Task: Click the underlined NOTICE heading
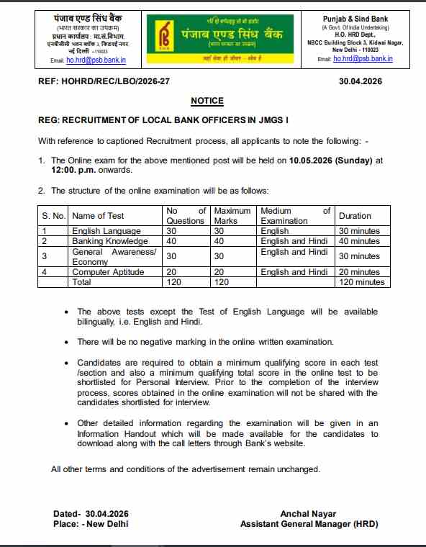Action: [207, 101]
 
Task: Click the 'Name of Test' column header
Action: [98, 215]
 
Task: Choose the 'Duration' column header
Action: [355, 215]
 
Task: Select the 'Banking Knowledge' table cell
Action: [109, 241]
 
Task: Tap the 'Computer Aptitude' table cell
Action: [108, 272]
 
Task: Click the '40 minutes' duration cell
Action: [359, 241]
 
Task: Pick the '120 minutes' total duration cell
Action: [361, 282]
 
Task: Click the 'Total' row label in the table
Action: [81, 282]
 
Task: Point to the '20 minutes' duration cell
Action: [359, 272]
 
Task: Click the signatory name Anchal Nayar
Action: [309, 513]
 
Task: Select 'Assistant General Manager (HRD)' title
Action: [309, 524]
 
